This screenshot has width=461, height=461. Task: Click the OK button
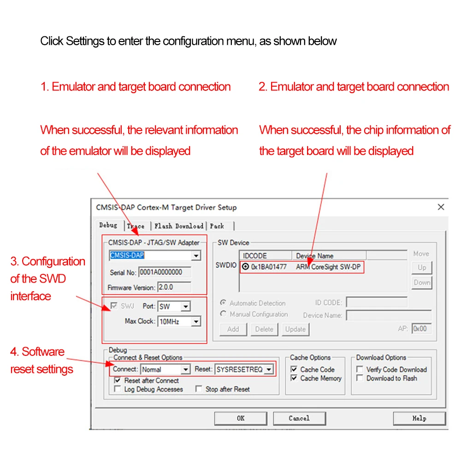pos(240,419)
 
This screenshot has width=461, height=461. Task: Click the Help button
pos(419,419)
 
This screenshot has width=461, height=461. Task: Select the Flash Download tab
pos(178,226)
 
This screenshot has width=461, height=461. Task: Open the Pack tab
pos(217,226)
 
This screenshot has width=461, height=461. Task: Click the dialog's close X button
pos(441,207)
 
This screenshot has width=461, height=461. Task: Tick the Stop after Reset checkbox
pos(199,389)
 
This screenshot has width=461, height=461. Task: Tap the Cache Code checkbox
pos(294,369)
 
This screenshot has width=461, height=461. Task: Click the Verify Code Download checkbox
pos(360,369)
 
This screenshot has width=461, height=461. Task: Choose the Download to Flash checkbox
pos(360,378)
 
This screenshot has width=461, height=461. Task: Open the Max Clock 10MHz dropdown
pos(196,321)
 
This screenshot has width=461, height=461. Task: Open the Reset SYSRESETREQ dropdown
pos(268,369)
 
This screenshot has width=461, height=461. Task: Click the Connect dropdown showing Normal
pos(185,369)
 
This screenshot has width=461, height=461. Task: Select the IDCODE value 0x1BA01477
pos(269,266)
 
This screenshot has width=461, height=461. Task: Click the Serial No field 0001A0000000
pos(164,272)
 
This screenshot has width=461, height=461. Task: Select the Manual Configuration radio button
pos(224,314)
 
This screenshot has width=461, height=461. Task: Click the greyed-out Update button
pos(295,329)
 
